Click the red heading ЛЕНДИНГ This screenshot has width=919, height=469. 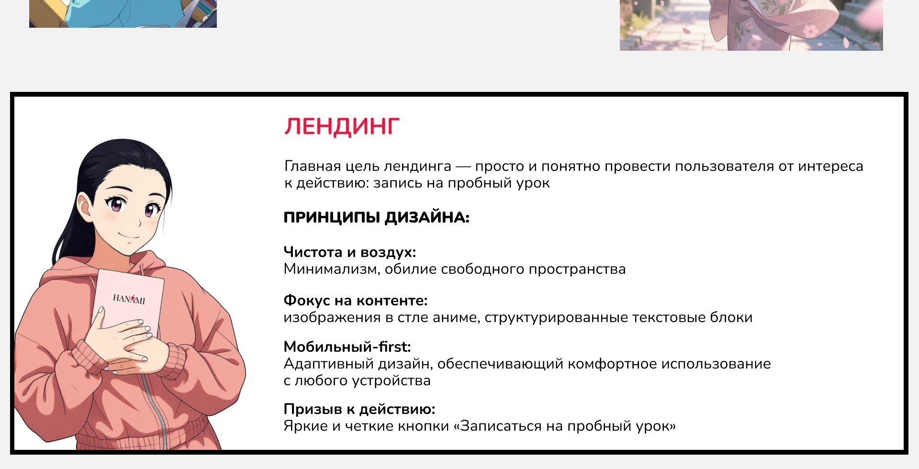click(342, 127)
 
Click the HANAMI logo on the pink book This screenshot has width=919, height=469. click(129, 299)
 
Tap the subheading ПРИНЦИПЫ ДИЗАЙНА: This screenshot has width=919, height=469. click(376, 218)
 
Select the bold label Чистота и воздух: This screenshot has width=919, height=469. click(349, 252)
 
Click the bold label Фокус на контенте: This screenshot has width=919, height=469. click(355, 301)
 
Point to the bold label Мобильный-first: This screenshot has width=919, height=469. click(347, 347)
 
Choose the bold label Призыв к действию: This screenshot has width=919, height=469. click(359, 409)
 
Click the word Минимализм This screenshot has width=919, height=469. click(330, 269)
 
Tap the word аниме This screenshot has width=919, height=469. click(455, 318)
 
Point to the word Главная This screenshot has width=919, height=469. click(313, 167)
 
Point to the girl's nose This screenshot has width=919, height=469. click(139, 223)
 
